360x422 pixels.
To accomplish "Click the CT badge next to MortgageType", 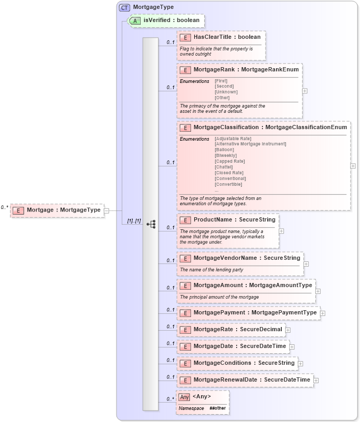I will coord(124,7).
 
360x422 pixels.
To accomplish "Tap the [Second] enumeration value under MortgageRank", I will coord(225,86).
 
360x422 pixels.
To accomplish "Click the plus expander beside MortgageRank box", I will coord(305,90).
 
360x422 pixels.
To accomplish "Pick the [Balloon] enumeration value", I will coord(225,150).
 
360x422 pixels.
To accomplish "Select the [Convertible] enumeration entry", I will coord(228,184).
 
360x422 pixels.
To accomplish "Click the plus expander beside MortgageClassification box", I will coord(353,166).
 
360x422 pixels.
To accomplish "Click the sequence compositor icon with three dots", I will coord(151,224).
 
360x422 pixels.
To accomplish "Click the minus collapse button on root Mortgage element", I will coord(106,210).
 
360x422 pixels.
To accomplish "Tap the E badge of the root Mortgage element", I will coord(18,210).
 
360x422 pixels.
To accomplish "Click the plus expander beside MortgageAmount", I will coord(318,291).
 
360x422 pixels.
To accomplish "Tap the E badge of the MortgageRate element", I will coord(185,330).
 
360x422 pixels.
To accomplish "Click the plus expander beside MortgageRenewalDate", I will coord(316,380).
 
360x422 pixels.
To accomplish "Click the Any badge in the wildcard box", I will coord(184,397).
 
